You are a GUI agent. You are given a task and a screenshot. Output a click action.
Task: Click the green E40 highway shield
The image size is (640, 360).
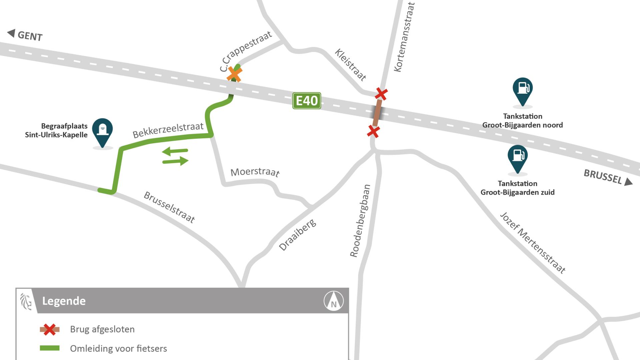307,101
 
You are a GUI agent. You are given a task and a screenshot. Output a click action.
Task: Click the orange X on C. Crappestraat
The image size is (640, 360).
234,74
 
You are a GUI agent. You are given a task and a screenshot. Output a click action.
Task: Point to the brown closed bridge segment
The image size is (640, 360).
377,113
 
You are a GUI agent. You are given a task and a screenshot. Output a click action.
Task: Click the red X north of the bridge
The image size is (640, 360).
381,94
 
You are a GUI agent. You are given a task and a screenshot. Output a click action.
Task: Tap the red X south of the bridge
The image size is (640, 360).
373,131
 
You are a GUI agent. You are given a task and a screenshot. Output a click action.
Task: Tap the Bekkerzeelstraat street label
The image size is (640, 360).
168,130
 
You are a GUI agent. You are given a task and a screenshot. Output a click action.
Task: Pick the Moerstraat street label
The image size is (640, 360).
255,172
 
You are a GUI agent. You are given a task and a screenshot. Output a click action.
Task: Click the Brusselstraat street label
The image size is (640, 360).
169,207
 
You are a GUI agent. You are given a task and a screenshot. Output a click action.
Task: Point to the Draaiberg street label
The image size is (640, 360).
297,235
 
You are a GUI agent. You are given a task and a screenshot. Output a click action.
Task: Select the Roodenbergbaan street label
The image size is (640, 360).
360,221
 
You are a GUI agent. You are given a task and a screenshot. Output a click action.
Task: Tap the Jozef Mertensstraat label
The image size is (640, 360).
533,243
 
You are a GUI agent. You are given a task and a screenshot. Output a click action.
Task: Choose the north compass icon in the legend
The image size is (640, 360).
334,301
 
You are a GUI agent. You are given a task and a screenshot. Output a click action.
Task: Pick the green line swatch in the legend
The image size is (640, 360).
50,348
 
